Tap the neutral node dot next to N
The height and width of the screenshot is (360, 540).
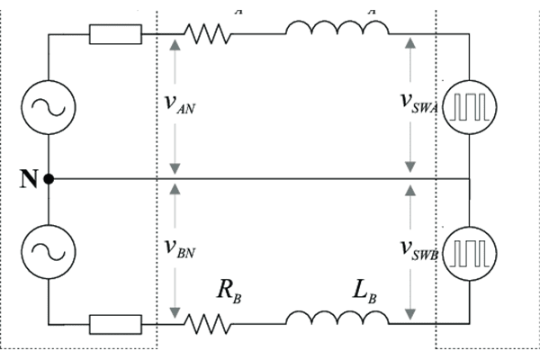click(x=48, y=179)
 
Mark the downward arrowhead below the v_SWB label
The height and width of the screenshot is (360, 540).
click(x=410, y=314)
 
